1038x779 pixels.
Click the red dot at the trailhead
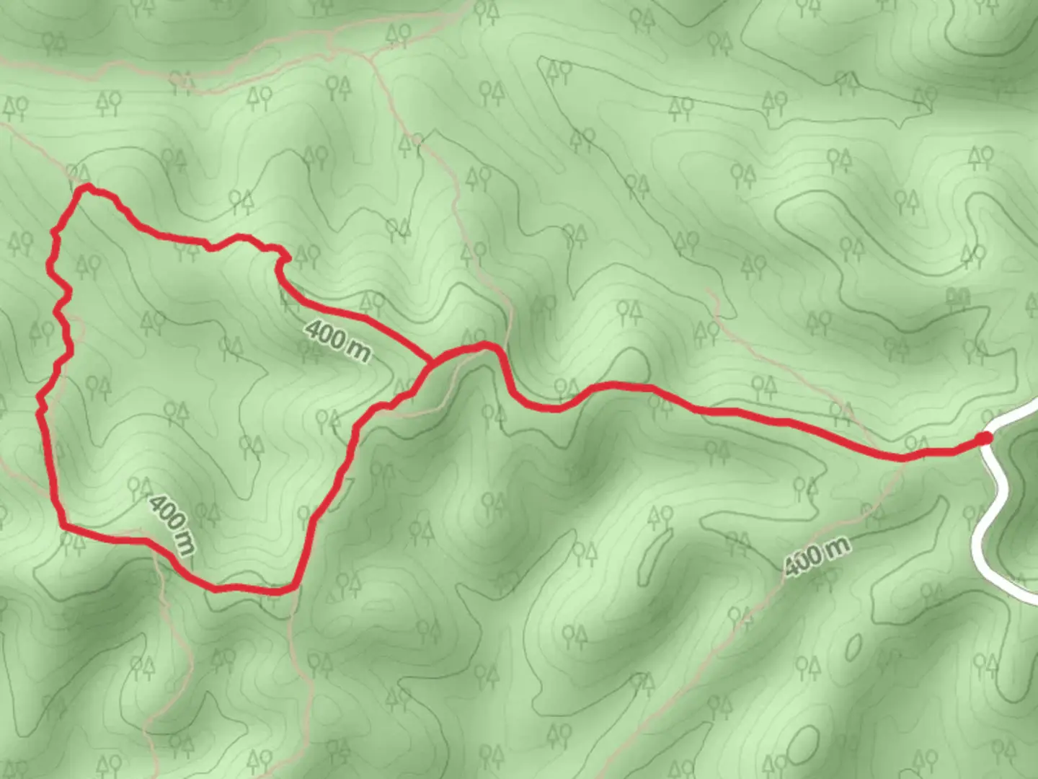[983, 438]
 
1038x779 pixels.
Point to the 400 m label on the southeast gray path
[817, 556]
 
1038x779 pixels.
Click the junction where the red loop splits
[431, 361]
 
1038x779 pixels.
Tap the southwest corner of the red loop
[63, 527]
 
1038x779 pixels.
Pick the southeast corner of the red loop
[294, 589]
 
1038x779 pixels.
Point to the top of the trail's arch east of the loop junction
[486, 346]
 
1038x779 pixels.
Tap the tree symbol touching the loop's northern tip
[79, 173]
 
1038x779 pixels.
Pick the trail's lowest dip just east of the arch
[551, 409]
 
